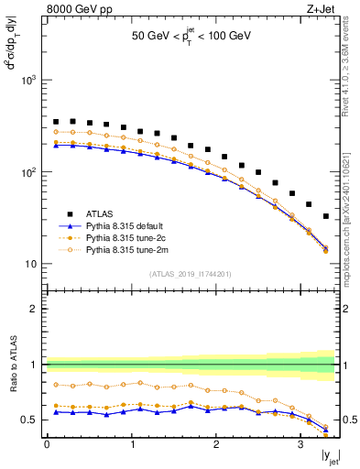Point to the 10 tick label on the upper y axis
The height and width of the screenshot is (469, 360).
coord(31,264)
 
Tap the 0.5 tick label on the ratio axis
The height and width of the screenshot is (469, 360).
coord(28,420)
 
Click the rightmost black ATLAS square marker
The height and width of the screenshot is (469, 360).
coord(326,216)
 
